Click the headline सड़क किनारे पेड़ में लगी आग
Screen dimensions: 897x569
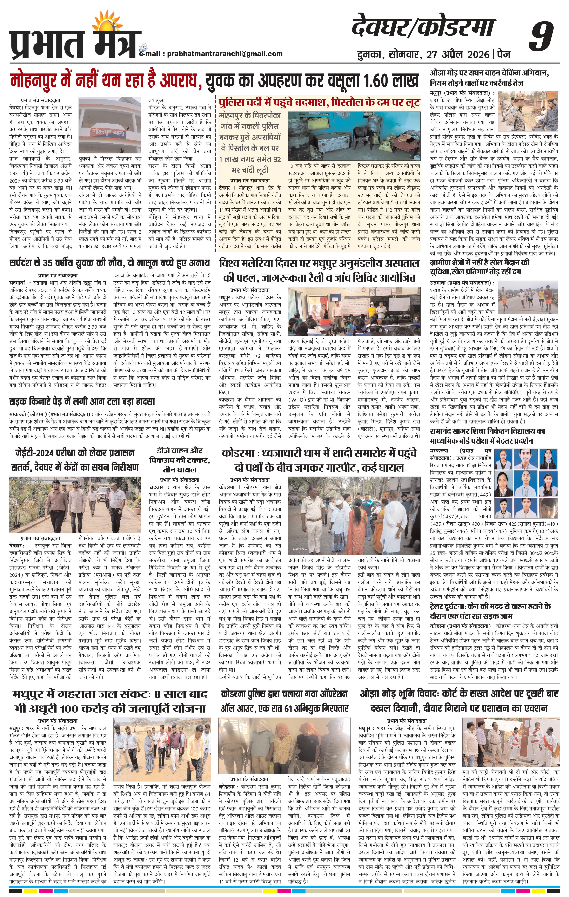point(82,402)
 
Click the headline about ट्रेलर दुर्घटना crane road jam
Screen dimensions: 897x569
point(490,612)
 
